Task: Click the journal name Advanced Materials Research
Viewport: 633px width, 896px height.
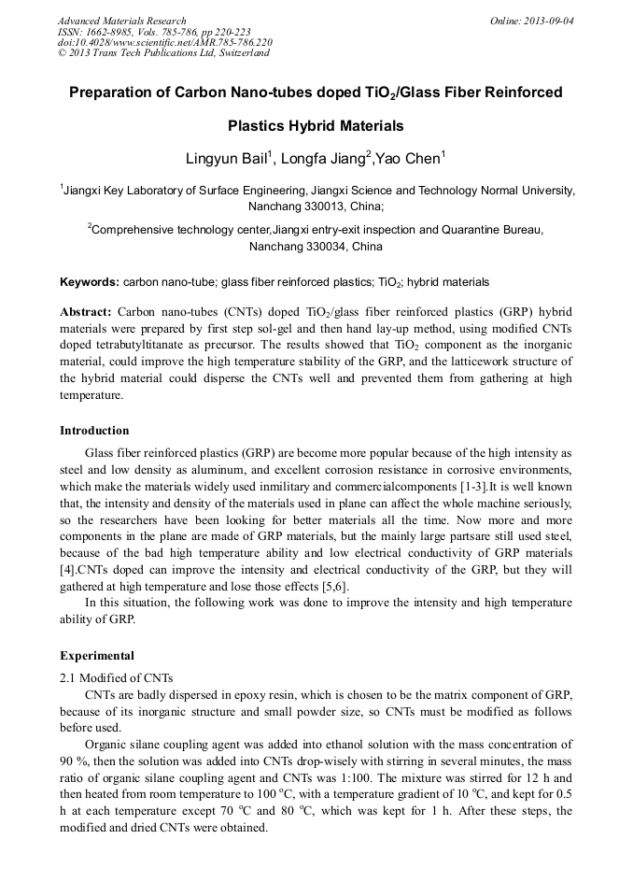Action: [x=121, y=21]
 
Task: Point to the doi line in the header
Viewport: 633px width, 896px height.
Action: [x=164, y=42]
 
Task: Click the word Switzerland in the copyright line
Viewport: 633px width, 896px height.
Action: [x=237, y=53]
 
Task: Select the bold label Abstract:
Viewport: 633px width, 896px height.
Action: [x=86, y=310]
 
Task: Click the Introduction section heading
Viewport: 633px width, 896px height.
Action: [x=94, y=431]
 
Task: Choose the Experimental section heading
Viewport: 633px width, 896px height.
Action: [x=96, y=655]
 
